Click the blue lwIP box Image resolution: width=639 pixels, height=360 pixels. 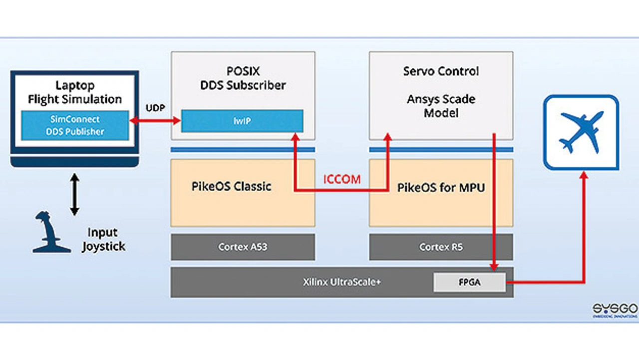click(242, 121)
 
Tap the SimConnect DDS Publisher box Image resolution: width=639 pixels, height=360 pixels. click(75, 125)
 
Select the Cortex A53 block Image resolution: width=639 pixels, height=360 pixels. click(243, 247)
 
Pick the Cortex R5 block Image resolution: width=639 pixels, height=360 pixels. click(441, 247)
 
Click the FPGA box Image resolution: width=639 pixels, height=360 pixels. click(469, 282)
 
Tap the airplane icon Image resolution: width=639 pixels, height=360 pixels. click(582, 132)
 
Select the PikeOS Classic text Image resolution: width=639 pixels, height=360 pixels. click(231, 187)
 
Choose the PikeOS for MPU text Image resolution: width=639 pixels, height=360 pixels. click(441, 188)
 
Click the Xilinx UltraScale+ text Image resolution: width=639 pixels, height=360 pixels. click(341, 282)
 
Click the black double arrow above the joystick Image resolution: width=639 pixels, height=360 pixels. click(74, 195)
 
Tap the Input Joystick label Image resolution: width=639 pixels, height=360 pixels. click(103, 239)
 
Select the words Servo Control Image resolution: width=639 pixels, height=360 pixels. click(441, 71)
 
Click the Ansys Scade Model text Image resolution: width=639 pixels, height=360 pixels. click(441, 106)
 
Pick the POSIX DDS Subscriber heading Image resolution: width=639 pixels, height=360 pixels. click(243, 78)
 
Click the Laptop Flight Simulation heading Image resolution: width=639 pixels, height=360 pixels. click(75, 93)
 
